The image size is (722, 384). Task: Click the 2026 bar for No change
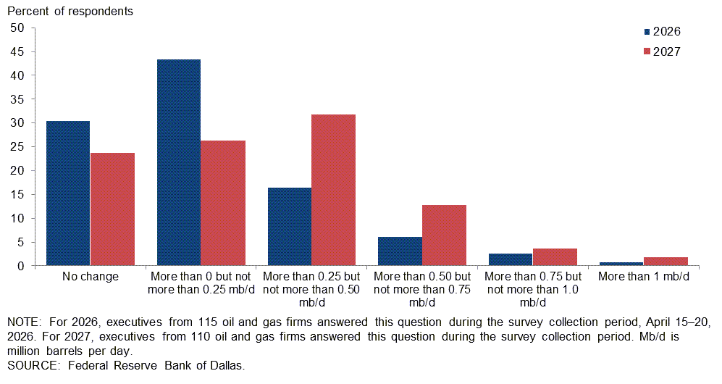coord(68,193)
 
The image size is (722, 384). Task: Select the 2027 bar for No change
coord(112,209)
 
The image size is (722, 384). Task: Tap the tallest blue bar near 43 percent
coord(179,162)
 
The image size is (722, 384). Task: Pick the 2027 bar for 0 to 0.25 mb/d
coord(223,203)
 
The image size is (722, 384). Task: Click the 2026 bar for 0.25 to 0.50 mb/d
coord(289,227)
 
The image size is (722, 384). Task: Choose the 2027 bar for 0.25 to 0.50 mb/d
coord(333,190)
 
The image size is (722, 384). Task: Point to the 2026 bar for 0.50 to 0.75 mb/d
coord(400,251)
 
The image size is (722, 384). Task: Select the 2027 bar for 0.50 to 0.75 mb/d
coord(444,235)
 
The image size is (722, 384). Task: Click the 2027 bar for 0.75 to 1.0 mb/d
coord(555,257)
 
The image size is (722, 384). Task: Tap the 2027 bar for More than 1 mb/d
coord(666,262)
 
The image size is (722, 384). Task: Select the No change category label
coord(91,277)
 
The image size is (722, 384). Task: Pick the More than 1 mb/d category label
coord(644,277)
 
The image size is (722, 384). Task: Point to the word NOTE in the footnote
coord(24,321)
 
